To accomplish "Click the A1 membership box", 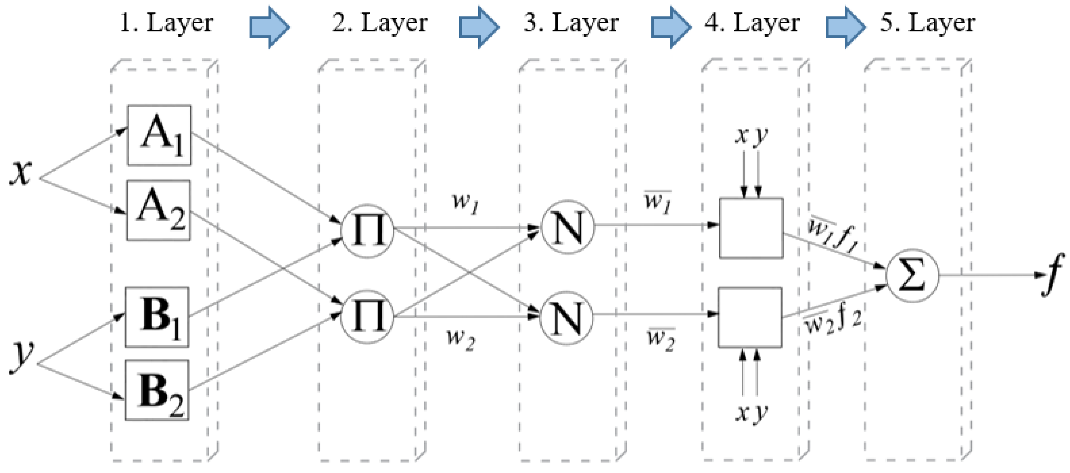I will [x=159, y=135].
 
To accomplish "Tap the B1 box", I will [x=157, y=317].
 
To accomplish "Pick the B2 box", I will [x=157, y=390].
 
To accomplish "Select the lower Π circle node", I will [x=367, y=317].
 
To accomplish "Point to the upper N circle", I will [x=568, y=227].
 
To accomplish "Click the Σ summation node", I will [x=912, y=275].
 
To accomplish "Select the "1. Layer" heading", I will [x=166, y=23].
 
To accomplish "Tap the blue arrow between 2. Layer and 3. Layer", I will [x=479, y=27].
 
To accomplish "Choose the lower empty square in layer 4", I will [x=750, y=317].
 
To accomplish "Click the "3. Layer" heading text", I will [x=571, y=23].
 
